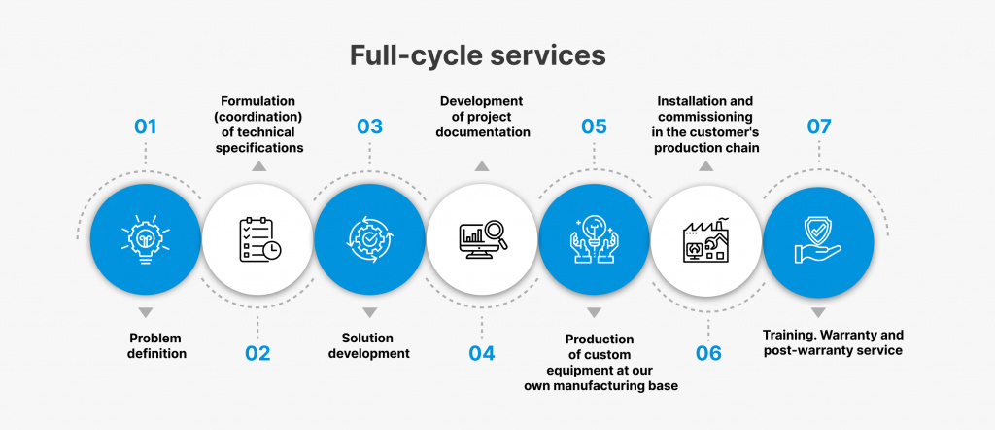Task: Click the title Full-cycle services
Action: [x=478, y=55]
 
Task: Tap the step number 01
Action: [x=146, y=126]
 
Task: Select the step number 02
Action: [x=257, y=353]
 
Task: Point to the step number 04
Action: [x=482, y=353]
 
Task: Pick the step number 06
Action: [x=708, y=353]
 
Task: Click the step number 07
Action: [x=818, y=126]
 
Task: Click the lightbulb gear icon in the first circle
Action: [x=146, y=238]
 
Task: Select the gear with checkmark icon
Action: [x=370, y=239]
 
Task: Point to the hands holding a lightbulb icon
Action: [x=594, y=239]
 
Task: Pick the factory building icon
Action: [x=706, y=239]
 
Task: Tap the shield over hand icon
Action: [x=818, y=238]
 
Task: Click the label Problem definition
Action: [x=156, y=345]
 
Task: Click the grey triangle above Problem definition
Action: [x=146, y=312]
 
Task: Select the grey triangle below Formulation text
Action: [x=257, y=166]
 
